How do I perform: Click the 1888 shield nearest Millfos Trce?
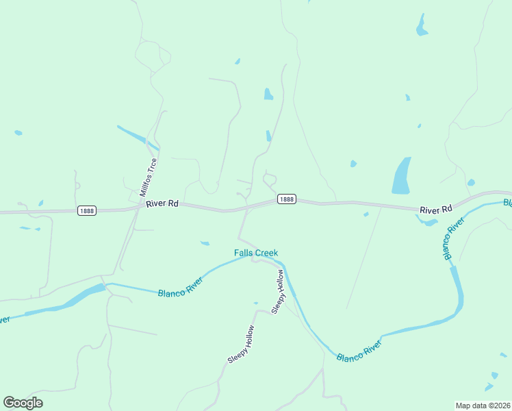coord(87,210)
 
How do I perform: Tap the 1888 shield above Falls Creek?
coord(287,199)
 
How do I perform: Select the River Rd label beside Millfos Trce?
coord(162,203)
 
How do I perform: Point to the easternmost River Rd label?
coord(436,209)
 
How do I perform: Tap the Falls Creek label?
coord(256,253)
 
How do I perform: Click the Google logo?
coord(23,403)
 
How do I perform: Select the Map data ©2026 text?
coord(483,406)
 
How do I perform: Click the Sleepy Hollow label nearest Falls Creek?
coord(278,292)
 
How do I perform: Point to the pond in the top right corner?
coord(421,26)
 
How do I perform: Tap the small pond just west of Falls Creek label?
coord(205,242)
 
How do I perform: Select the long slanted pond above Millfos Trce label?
coord(138,137)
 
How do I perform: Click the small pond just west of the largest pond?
coord(353,164)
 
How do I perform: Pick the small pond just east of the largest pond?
coord(471,182)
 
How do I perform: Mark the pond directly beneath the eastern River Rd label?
coord(428,221)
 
